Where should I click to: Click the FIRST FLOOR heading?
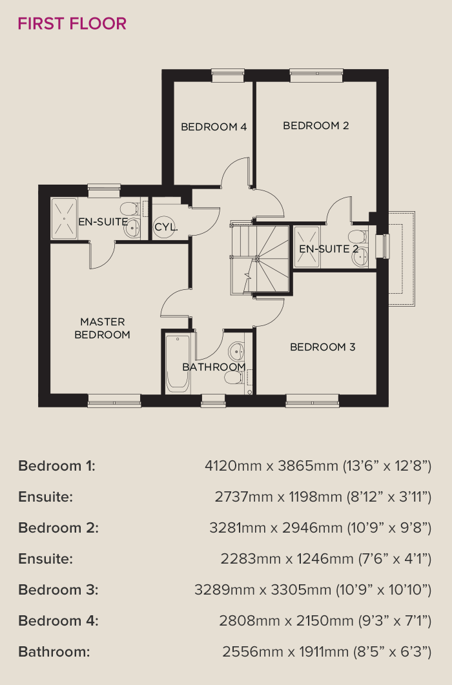pos(72,24)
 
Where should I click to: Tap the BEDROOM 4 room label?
pos(214,127)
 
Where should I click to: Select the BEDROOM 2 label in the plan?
pos(316,125)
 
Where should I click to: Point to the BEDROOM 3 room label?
pos(323,347)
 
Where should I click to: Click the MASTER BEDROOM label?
pos(102,328)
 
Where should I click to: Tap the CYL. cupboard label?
pos(166,227)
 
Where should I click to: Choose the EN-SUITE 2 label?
pos(329,249)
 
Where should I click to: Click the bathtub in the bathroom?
pos(178,363)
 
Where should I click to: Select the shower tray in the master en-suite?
pos(65,218)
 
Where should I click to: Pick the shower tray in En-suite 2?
pos(307,247)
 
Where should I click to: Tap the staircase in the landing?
pos(260,260)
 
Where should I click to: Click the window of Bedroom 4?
pos(228,75)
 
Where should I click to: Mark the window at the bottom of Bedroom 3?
pos(312,400)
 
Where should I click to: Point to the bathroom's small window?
pos(213,400)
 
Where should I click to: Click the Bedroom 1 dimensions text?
pos(318,465)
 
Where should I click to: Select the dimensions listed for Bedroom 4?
pos(325,620)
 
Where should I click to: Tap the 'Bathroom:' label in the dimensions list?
pos(54,652)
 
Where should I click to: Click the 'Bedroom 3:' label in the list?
pos(59,589)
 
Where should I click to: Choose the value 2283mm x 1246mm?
pos(287,558)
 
